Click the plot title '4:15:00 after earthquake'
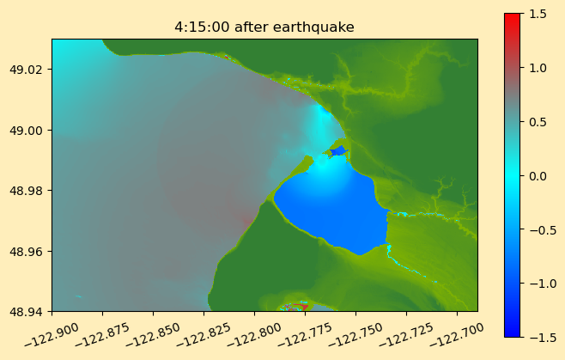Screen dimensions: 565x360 [x=264, y=27]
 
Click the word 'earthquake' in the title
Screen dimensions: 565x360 [x=313, y=27]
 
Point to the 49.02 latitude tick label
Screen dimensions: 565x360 [x=27, y=70]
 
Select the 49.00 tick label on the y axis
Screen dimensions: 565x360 [x=27, y=131]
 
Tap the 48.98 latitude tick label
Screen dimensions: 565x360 [x=27, y=191]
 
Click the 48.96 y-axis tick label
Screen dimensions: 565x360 [x=27, y=251]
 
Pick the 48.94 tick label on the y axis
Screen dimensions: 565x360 [x=27, y=311]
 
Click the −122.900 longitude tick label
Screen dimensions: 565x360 [x=52, y=335]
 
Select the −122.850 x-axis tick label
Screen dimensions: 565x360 [x=153, y=335]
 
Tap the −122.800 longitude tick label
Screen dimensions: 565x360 [x=254, y=335]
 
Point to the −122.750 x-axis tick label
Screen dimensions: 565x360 [x=355, y=335]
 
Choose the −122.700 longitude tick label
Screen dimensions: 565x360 [x=457, y=335]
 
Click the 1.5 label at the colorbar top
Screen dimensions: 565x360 [x=538, y=14]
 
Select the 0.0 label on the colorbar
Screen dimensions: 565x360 [x=538, y=176]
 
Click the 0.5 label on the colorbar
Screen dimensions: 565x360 [x=538, y=122]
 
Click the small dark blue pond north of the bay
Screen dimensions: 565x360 [x=338, y=150]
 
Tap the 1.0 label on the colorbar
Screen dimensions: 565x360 [x=538, y=68]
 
